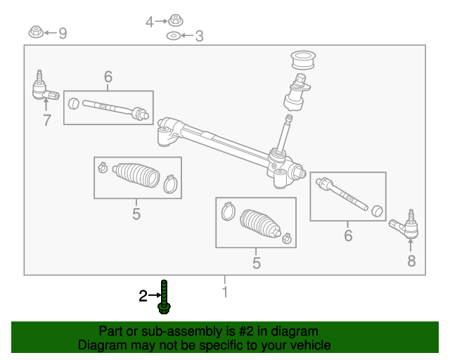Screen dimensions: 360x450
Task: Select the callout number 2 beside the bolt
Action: (143, 296)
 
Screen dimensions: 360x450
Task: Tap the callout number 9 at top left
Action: (63, 33)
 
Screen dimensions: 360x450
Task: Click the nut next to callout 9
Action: (34, 32)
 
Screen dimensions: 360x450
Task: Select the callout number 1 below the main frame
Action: (225, 290)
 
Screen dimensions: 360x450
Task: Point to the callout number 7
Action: (46, 120)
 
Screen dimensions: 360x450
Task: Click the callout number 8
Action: (411, 262)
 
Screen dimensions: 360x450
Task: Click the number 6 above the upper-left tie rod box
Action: (108, 77)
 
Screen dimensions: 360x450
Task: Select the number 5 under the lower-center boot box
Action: (256, 264)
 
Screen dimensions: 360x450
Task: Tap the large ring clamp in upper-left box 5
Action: (169, 186)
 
